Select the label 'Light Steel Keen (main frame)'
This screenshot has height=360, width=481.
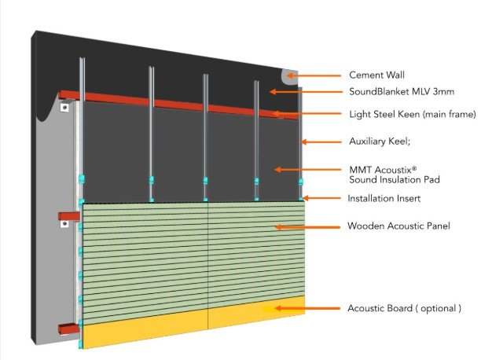point(412,115)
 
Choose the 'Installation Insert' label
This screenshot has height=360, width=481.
point(387,199)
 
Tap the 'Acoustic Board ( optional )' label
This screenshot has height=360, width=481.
point(404,307)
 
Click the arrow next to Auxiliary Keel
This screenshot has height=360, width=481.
point(322,142)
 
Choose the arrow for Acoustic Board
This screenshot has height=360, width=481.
point(302,309)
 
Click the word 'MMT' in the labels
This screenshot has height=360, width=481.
point(358,169)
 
